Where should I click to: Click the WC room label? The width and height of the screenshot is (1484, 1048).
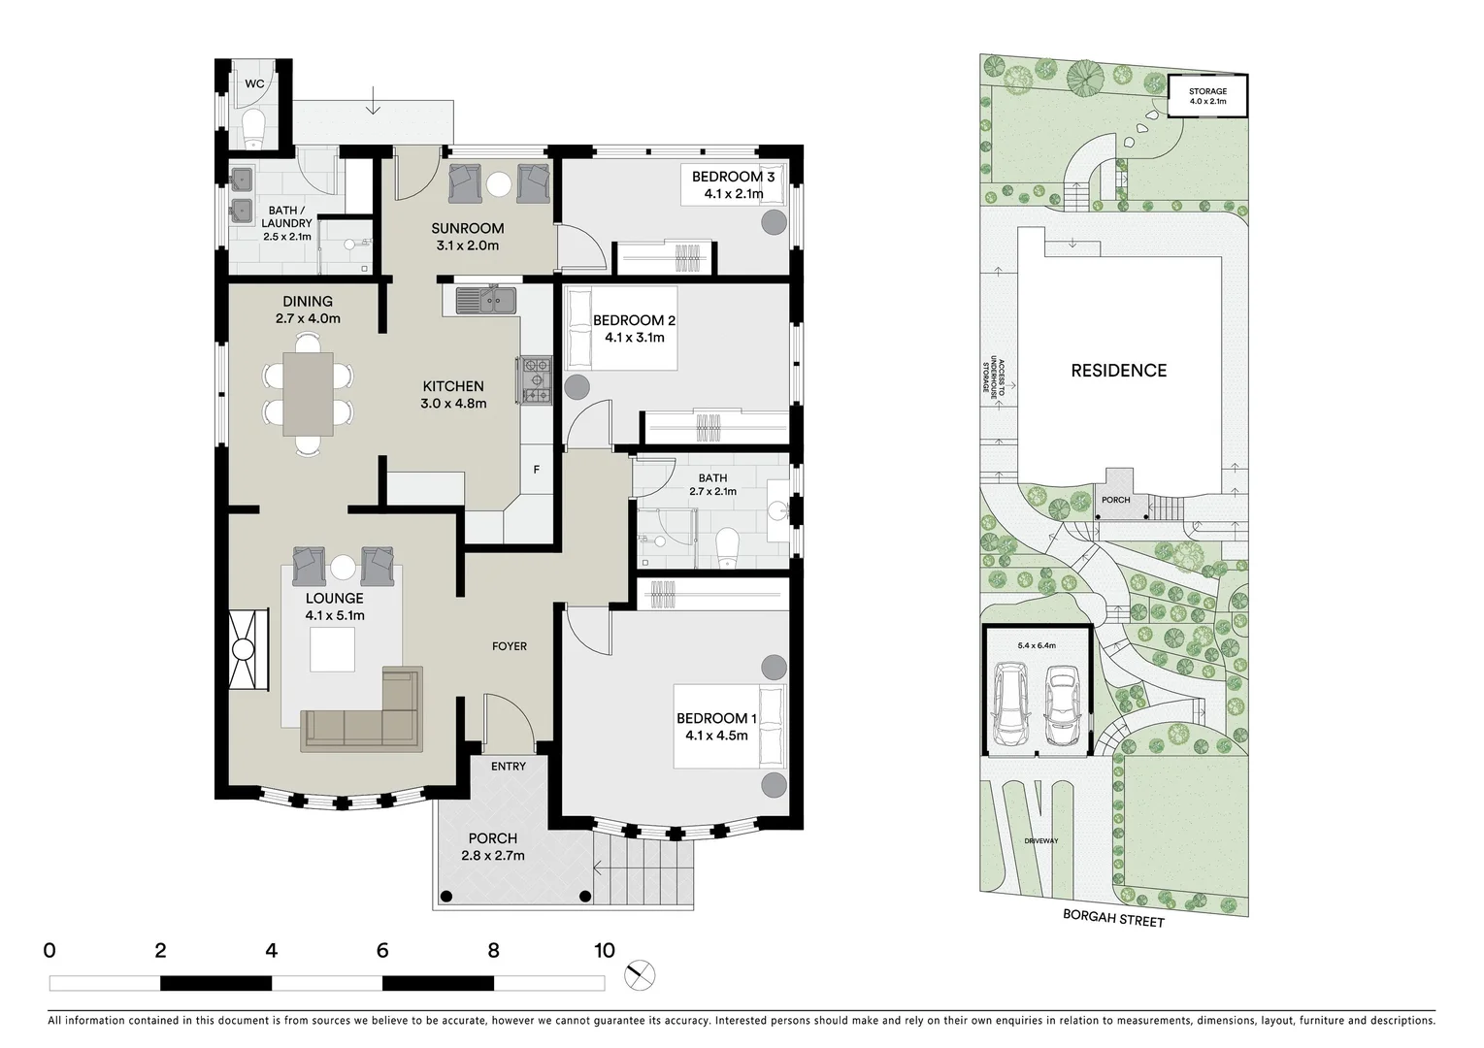pyautogui.click(x=254, y=84)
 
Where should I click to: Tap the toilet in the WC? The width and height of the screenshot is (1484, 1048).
pyautogui.click(x=254, y=127)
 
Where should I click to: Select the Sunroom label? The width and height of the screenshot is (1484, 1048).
pyautogui.click(x=468, y=229)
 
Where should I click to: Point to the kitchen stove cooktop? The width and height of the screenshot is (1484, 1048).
pyautogui.click(x=535, y=379)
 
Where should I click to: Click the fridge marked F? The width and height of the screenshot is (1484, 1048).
pyautogui.click(x=536, y=471)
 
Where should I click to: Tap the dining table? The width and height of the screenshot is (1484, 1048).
pyautogui.click(x=308, y=392)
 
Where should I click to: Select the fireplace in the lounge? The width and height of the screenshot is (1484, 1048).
pyautogui.click(x=245, y=649)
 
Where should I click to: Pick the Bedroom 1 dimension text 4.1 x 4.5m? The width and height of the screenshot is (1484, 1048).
pyautogui.click(x=716, y=736)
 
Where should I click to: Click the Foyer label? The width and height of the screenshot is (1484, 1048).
pyautogui.click(x=510, y=646)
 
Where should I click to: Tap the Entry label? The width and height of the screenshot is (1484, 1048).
pyautogui.click(x=509, y=767)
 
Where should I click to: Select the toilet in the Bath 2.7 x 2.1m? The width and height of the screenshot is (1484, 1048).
pyautogui.click(x=726, y=548)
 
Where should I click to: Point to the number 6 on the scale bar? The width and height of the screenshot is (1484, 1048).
pyautogui.click(x=382, y=951)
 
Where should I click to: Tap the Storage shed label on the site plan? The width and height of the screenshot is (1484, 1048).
pyautogui.click(x=1208, y=92)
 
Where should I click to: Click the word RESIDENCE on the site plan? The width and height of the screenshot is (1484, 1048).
pyautogui.click(x=1119, y=371)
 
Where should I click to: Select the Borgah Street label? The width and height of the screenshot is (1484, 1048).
pyautogui.click(x=1112, y=918)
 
